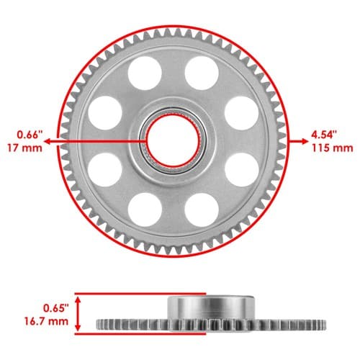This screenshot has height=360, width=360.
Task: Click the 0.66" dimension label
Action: (30, 135)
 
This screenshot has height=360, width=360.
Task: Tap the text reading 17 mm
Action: (24, 148)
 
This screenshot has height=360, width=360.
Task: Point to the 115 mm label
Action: (333, 148)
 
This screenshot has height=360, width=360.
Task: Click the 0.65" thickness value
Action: (56, 308)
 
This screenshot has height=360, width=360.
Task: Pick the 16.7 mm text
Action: (46, 321)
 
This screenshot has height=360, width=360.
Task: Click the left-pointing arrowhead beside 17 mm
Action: (48, 141)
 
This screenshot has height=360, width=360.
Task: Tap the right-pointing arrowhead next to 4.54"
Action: (305, 141)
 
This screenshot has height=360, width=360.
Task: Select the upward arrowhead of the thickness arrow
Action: (78, 300)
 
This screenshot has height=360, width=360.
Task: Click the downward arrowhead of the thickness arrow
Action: (78, 328)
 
